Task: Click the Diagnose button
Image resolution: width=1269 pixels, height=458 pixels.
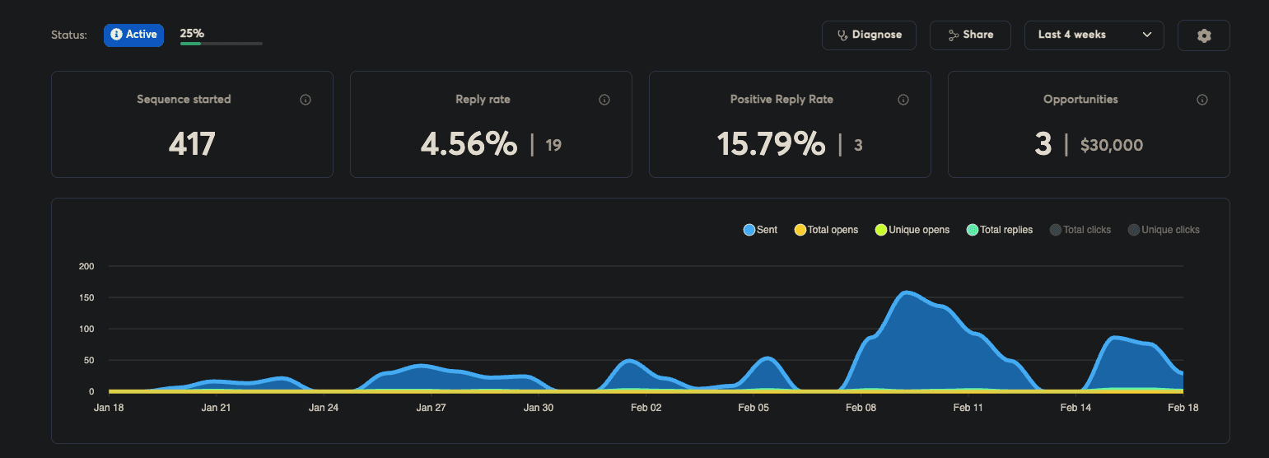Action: pyautogui.click(x=869, y=35)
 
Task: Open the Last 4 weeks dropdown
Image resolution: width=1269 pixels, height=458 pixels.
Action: pyautogui.click(x=1094, y=35)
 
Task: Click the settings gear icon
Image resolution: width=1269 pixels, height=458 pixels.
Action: pyautogui.click(x=1203, y=35)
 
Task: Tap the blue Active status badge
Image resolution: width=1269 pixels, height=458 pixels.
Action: pyautogui.click(x=133, y=35)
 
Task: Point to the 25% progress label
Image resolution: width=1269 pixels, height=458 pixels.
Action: pyautogui.click(x=192, y=34)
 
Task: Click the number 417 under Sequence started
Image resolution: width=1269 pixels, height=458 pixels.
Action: pyautogui.click(x=192, y=144)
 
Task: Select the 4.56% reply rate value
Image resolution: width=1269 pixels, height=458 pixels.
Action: pyautogui.click(x=469, y=144)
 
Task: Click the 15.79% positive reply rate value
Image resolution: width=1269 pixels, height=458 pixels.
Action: pyautogui.click(x=771, y=144)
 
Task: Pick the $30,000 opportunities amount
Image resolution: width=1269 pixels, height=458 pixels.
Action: pyautogui.click(x=1111, y=146)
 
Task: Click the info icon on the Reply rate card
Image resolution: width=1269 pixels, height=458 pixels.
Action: pyautogui.click(x=604, y=100)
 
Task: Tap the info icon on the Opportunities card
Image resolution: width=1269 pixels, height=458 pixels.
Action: pyautogui.click(x=1202, y=100)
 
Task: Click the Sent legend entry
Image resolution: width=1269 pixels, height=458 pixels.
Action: pyautogui.click(x=760, y=230)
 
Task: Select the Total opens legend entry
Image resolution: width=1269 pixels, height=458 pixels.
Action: pyautogui.click(x=826, y=230)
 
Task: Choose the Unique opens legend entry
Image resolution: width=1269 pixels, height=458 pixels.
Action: pyautogui.click(x=912, y=230)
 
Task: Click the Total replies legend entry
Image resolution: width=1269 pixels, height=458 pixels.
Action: pyautogui.click(x=999, y=230)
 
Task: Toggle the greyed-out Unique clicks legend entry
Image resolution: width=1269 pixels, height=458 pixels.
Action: pyautogui.click(x=1164, y=230)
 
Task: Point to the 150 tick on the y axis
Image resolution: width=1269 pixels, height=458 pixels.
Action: pyautogui.click(x=86, y=297)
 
